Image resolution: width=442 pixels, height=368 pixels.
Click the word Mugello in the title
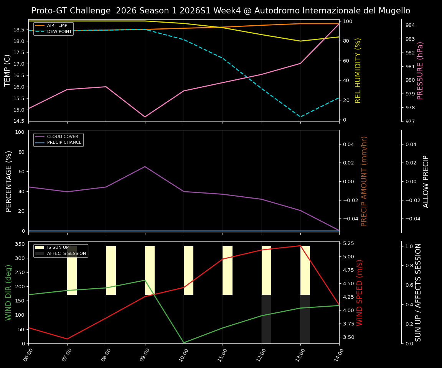pos(394,11)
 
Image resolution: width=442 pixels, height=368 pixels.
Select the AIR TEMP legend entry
pos(57,25)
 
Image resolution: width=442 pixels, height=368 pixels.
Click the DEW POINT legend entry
pos(59,31)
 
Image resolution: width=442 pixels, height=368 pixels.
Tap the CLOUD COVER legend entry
pos(62,136)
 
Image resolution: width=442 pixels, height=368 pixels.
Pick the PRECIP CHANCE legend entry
pos(64,143)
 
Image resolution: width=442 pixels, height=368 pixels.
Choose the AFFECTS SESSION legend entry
pos(66,253)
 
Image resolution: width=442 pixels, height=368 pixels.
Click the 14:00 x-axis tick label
pos(336,354)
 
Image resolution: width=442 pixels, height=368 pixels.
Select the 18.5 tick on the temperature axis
pos(19,30)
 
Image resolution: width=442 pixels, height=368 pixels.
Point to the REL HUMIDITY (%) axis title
pos(358,70)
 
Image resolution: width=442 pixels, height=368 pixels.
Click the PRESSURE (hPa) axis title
pos(420,70)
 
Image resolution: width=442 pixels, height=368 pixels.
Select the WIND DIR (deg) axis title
pos(8,292)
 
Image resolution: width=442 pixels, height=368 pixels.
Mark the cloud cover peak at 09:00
pos(145,166)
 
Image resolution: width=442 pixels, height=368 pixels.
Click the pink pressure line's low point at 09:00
pos(145,117)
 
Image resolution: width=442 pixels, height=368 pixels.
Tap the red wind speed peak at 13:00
pos(300,246)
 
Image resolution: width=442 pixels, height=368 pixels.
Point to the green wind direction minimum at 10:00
pos(184,343)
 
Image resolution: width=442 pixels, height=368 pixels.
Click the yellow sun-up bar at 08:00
pos(111,270)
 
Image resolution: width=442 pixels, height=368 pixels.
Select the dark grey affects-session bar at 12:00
pos(266,319)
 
